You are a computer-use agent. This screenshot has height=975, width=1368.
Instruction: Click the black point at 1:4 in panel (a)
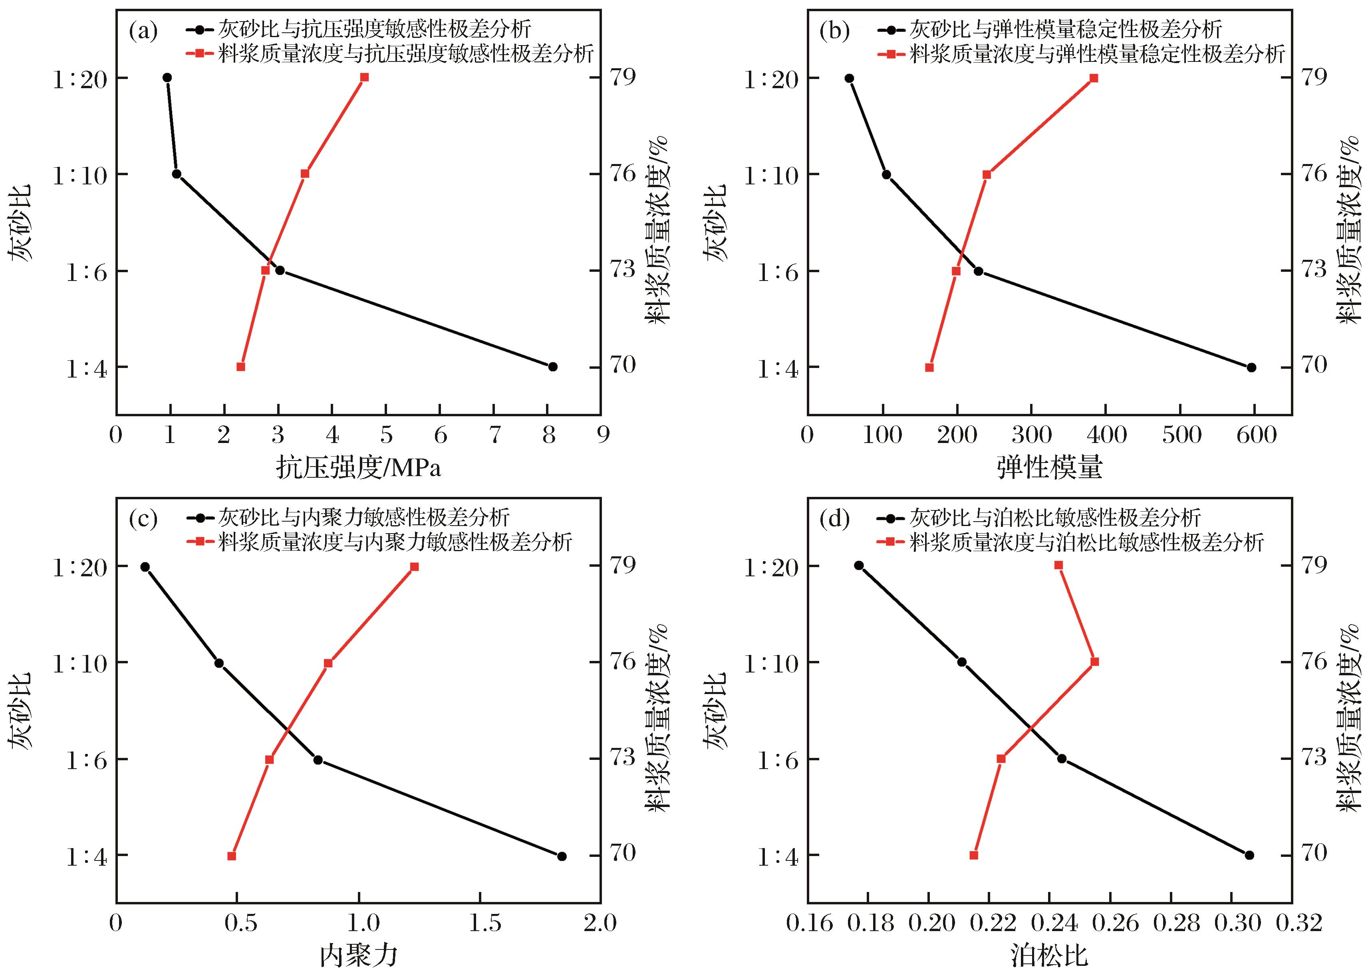coord(553,366)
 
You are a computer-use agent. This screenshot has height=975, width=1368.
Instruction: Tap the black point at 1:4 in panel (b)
coord(1251,368)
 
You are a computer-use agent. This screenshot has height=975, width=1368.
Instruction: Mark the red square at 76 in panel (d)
coord(1095,662)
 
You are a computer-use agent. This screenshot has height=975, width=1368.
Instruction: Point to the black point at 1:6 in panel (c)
coord(318,760)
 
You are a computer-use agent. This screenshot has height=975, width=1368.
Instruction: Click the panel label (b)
coord(834,31)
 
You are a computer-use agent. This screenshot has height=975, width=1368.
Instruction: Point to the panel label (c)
coord(143,519)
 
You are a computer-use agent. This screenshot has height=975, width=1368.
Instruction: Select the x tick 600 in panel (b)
coord(1256,435)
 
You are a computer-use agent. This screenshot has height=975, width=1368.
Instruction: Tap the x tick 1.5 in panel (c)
coord(484,923)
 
